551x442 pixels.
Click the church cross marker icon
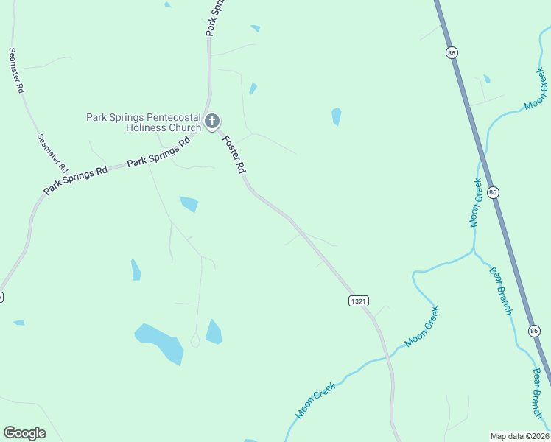click(212, 121)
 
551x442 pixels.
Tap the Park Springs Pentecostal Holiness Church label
click(144, 122)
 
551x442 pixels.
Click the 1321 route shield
click(358, 301)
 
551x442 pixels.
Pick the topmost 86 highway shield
click(452, 52)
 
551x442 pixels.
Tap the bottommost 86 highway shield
click(534, 331)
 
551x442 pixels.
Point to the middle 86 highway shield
click(493, 192)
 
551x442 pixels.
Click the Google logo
click(24, 433)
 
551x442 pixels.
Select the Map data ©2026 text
click(519, 435)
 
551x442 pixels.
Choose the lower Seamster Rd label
click(52, 153)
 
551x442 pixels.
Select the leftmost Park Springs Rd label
click(75, 180)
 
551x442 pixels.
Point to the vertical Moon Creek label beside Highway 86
click(477, 203)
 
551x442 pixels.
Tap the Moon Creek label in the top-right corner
click(536, 90)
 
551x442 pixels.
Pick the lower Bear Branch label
click(537, 393)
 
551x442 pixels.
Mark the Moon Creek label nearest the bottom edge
click(315, 400)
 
